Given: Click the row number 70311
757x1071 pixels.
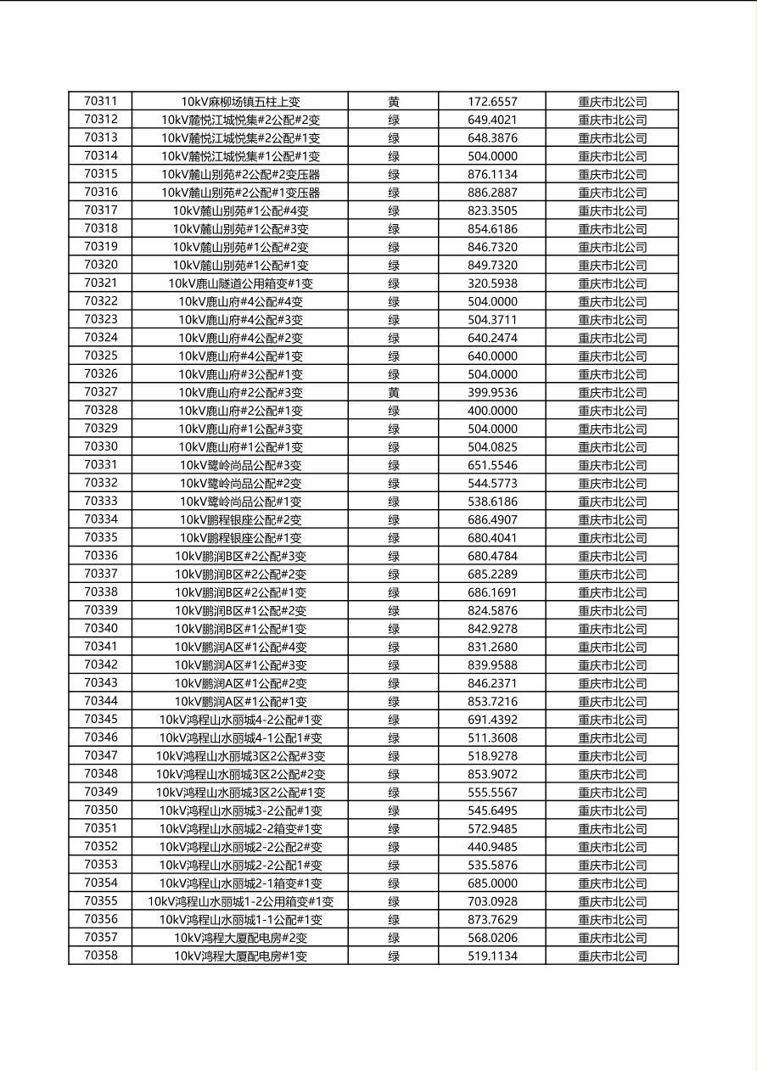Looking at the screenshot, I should click(x=101, y=101).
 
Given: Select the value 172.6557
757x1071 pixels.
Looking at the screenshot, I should click(x=492, y=102).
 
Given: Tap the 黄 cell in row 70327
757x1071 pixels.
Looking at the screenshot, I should click(x=394, y=392).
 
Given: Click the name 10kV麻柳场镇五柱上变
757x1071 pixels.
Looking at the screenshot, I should click(x=240, y=102).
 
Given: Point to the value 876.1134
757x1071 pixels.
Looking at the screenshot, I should click(x=492, y=174).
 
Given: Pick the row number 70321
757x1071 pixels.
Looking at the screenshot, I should click(x=101, y=283).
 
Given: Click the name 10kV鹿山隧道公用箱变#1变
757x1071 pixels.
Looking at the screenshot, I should click(x=240, y=283).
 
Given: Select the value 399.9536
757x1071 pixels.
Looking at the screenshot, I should click(x=492, y=392).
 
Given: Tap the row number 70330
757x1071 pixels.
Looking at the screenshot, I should click(x=101, y=446).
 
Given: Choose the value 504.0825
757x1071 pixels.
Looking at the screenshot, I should click(x=492, y=447).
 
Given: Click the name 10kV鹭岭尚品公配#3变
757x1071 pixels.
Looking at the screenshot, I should click(x=240, y=465).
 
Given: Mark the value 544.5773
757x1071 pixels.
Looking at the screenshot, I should click(x=492, y=483).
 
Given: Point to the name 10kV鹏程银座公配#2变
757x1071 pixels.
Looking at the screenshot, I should click(x=240, y=519).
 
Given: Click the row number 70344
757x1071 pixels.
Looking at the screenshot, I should click(x=101, y=701).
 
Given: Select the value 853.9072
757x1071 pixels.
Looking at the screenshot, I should click(x=492, y=774).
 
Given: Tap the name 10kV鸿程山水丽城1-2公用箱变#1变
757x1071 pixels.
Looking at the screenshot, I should click(x=240, y=901).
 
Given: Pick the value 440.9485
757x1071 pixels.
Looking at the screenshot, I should click(x=492, y=847).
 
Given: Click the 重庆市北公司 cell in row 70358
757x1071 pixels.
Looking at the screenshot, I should click(x=612, y=956).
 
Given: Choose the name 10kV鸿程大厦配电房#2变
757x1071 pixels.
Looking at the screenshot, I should click(x=240, y=938).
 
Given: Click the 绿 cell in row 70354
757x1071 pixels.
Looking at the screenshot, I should click(x=394, y=883).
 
